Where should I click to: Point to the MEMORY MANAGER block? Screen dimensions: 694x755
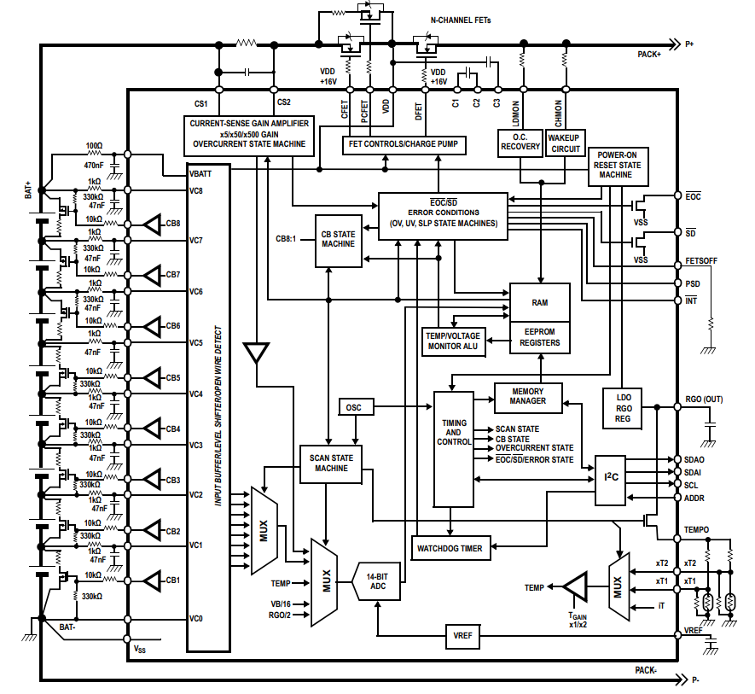click(x=528, y=396)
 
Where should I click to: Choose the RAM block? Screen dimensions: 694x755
click(x=539, y=303)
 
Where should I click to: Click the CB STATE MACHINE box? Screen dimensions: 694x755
click(x=338, y=239)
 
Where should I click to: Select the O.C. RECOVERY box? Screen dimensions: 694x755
click(x=520, y=142)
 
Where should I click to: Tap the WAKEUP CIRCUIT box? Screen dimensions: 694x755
click(x=564, y=142)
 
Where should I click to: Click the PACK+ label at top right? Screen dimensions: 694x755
click(x=650, y=54)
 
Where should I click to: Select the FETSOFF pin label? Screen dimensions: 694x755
click(x=700, y=260)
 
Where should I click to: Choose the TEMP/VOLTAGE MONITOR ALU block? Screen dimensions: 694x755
click(x=454, y=341)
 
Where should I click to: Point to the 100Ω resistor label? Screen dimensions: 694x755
click(x=94, y=147)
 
